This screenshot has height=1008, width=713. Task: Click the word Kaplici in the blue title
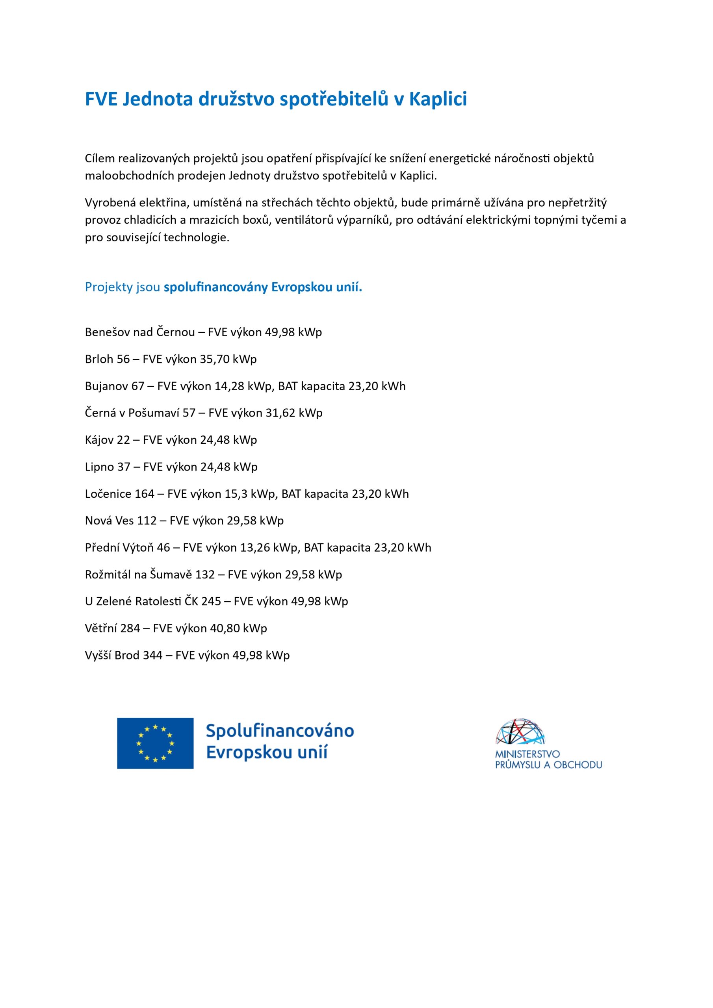pos(438,99)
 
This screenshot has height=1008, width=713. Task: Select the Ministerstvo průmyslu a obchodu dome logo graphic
pos(522,732)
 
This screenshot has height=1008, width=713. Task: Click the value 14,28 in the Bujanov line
pos(229,386)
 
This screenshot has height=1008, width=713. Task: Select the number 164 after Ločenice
pos(145,494)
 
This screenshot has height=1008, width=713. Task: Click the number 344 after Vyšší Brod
pos(152,656)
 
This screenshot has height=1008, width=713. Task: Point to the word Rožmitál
pos(108,575)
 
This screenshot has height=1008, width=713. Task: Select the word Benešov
pos(107,332)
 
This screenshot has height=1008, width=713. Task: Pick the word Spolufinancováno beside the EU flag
pos(279,731)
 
